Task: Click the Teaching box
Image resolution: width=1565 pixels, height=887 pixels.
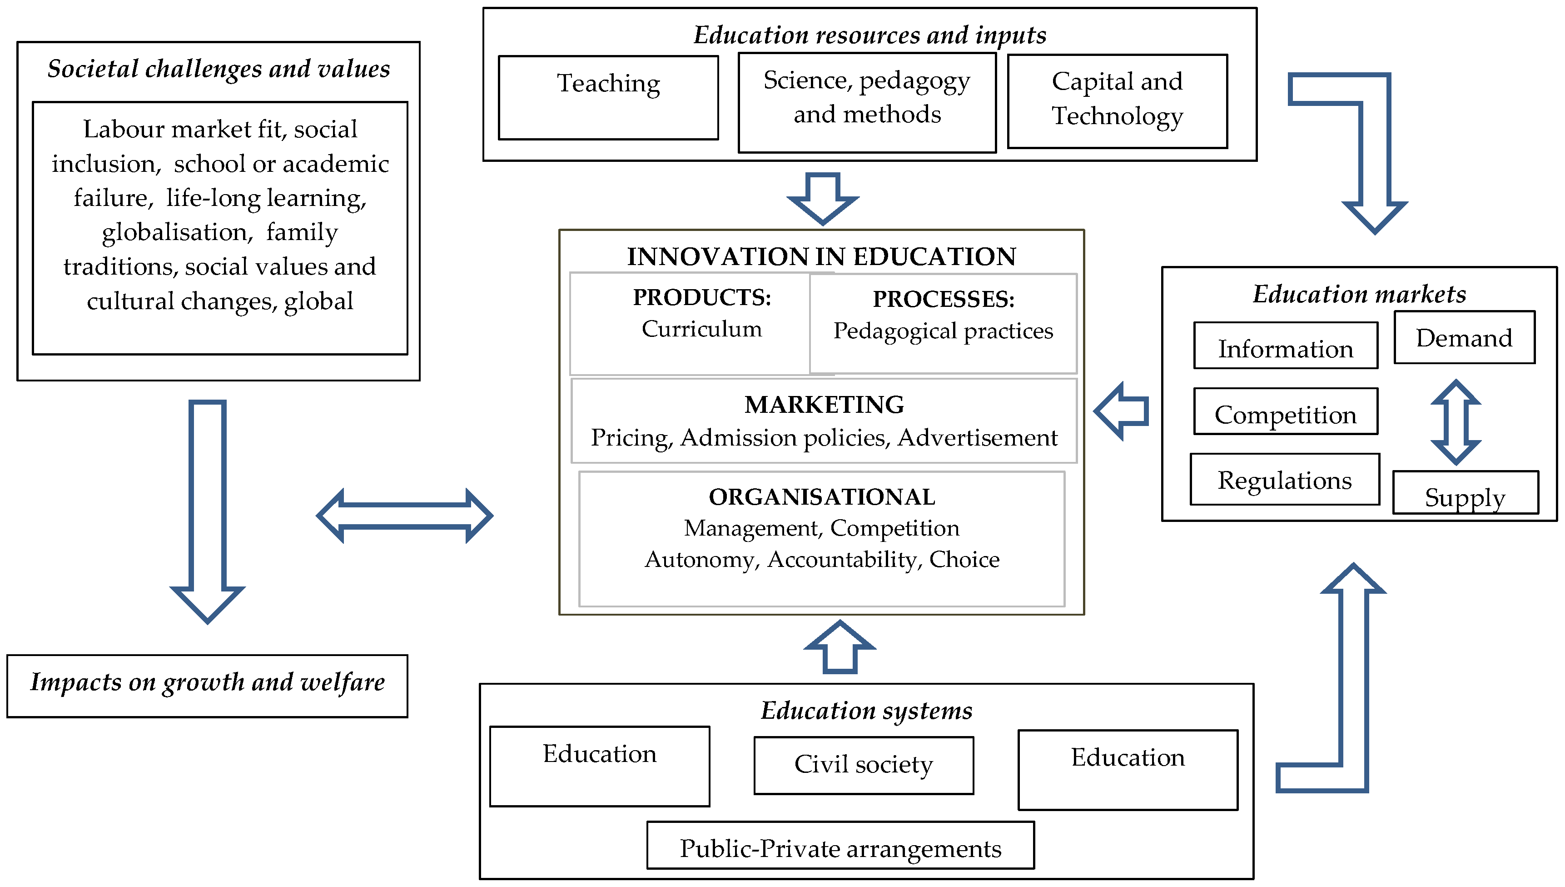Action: click(x=608, y=97)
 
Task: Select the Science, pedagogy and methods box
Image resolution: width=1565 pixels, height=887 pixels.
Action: click(x=866, y=102)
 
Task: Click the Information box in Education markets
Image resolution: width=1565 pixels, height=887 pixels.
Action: click(x=1285, y=346)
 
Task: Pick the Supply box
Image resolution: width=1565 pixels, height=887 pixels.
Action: click(x=1465, y=493)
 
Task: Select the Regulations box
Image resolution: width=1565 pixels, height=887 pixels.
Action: click(x=1284, y=480)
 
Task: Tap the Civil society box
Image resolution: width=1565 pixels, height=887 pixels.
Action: click(x=863, y=765)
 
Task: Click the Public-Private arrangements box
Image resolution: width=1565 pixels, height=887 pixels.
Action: click(x=840, y=846)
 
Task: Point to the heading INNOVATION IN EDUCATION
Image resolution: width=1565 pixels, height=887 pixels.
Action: click(x=821, y=256)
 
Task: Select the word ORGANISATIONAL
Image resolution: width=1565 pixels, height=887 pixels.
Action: click(x=821, y=497)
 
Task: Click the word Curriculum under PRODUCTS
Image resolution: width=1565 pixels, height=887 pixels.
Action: click(x=701, y=329)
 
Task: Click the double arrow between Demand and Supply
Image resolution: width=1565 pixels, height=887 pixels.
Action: click(x=1456, y=422)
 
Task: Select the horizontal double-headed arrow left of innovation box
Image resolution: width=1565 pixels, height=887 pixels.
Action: click(x=404, y=516)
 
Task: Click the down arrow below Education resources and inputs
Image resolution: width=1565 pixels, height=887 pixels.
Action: click(x=822, y=198)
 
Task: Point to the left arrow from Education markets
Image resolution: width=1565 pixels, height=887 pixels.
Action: click(x=1121, y=411)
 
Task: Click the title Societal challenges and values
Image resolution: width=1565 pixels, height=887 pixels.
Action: click(x=219, y=69)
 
